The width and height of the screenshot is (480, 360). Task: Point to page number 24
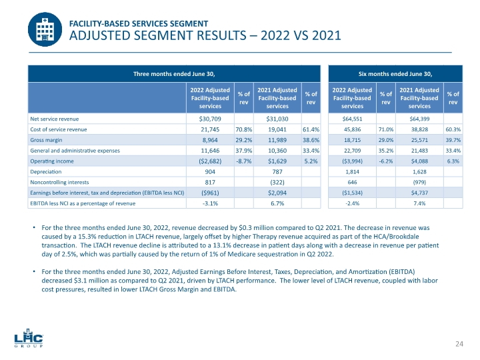click(459, 343)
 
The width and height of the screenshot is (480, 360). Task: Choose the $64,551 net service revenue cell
click(353, 119)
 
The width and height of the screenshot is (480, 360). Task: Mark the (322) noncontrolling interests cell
click(277, 183)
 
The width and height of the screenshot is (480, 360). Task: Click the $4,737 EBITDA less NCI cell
click(419, 193)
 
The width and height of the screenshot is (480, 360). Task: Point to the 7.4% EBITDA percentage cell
click(419, 204)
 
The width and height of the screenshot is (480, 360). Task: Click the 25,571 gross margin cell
click(419, 140)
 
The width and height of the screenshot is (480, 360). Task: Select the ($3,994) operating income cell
click(353, 161)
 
